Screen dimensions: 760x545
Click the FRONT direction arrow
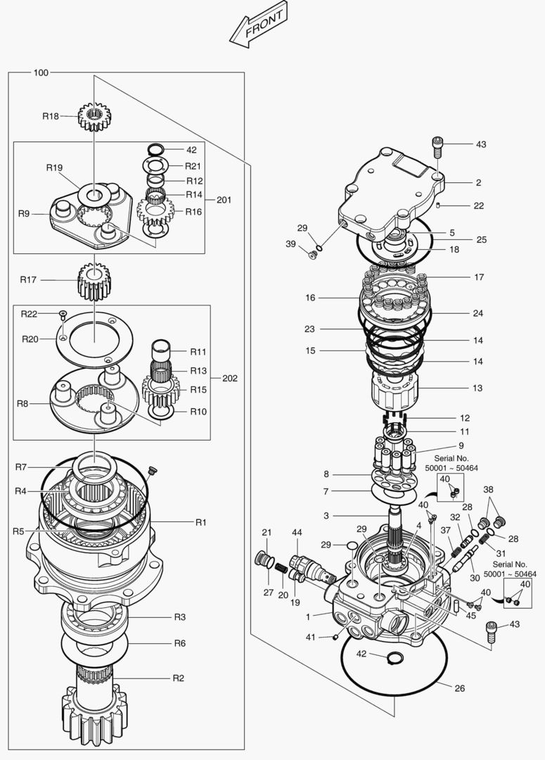[257, 27]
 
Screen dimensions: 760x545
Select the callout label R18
[51, 116]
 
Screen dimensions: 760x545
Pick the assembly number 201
[224, 200]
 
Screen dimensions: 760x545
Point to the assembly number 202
[229, 378]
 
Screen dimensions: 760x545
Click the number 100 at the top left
[41, 73]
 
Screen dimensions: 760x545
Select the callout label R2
[179, 678]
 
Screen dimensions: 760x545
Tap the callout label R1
[201, 522]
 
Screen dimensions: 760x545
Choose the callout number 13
[477, 388]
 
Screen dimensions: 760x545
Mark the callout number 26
[459, 688]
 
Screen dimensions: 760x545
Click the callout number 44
[297, 532]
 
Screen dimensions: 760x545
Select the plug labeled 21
[264, 562]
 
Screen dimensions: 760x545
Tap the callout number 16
[310, 298]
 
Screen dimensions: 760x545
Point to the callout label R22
[29, 313]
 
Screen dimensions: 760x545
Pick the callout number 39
[290, 243]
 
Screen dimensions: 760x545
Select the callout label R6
[180, 643]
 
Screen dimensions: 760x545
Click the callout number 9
[461, 445]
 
